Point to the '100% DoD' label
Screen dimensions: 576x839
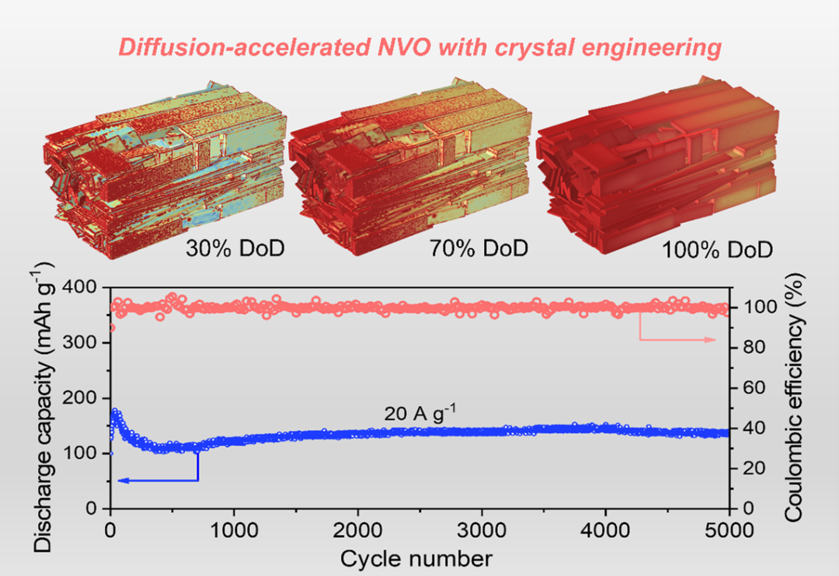coord(717,250)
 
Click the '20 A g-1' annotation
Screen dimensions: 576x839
coord(419,414)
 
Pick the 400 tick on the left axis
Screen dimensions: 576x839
coord(87,288)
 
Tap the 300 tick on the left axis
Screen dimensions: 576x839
coord(87,343)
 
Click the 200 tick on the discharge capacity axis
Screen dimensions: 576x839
coord(87,398)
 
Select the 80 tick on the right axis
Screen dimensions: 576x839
coord(747,348)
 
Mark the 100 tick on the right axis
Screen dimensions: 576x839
coord(750,307)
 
